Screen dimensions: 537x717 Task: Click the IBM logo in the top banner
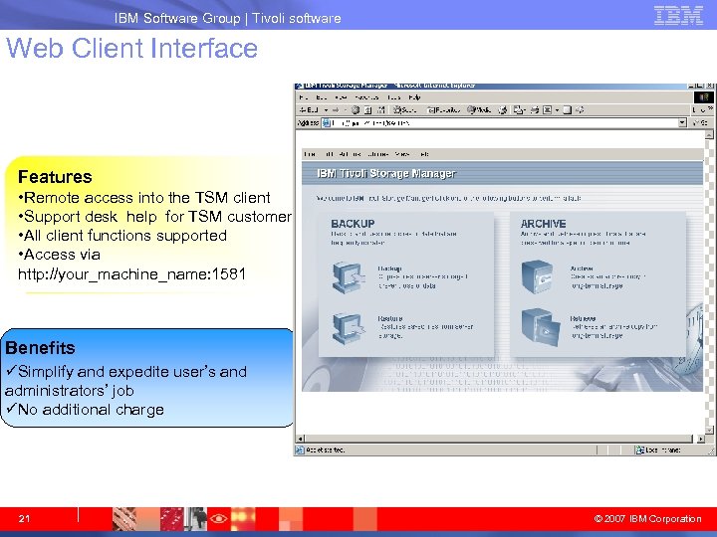678,15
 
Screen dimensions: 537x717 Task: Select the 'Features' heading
55,177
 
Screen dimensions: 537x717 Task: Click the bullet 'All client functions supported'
122,236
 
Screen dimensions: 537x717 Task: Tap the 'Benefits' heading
40,348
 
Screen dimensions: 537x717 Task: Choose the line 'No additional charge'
91,410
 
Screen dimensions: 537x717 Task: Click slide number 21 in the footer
25,518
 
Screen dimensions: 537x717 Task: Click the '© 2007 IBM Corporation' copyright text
647,519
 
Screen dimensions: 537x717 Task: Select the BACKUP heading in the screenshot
353,224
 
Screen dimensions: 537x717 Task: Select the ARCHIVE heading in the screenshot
543,224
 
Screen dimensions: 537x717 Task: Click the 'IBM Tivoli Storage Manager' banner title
385,174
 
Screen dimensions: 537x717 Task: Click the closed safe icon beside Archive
540,275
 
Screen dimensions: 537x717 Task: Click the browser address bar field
498,123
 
